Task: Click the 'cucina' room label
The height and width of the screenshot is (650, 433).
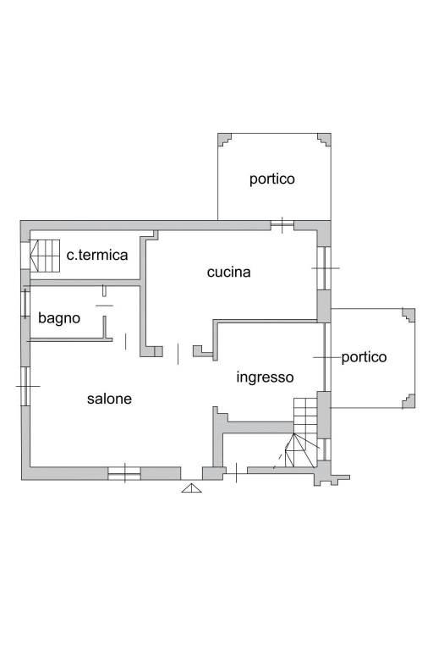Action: (x=228, y=273)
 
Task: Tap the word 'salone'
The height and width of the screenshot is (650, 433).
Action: (x=109, y=399)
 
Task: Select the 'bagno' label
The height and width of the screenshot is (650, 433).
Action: (x=59, y=318)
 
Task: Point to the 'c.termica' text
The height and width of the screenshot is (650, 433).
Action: (x=97, y=255)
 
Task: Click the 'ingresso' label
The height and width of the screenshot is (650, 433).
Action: (x=266, y=377)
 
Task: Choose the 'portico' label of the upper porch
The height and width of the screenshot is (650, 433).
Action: (x=272, y=179)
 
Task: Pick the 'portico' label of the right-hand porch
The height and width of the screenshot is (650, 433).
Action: (x=364, y=357)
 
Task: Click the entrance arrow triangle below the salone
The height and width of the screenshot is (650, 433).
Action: (x=191, y=487)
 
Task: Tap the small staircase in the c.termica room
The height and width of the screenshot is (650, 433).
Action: (x=45, y=256)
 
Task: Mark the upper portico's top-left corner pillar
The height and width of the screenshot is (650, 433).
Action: (x=224, y=140)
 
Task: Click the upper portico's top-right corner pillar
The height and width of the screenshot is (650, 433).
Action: (x=324, y=140)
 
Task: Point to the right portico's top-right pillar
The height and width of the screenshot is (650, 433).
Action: (x=408, y=315)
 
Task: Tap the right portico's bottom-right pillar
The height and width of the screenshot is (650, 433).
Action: (x=408, y=401)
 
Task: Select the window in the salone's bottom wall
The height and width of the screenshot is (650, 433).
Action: (x=124, y=473)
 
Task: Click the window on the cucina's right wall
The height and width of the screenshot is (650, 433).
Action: (x=325, y=268)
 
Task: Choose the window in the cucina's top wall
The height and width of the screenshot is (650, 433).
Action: (x=282, y=225)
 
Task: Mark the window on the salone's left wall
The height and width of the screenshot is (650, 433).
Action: (x=25, y=386)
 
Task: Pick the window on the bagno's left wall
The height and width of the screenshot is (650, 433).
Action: (x=25, y=304)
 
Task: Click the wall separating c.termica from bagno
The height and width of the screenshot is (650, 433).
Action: (x=85, y=284)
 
